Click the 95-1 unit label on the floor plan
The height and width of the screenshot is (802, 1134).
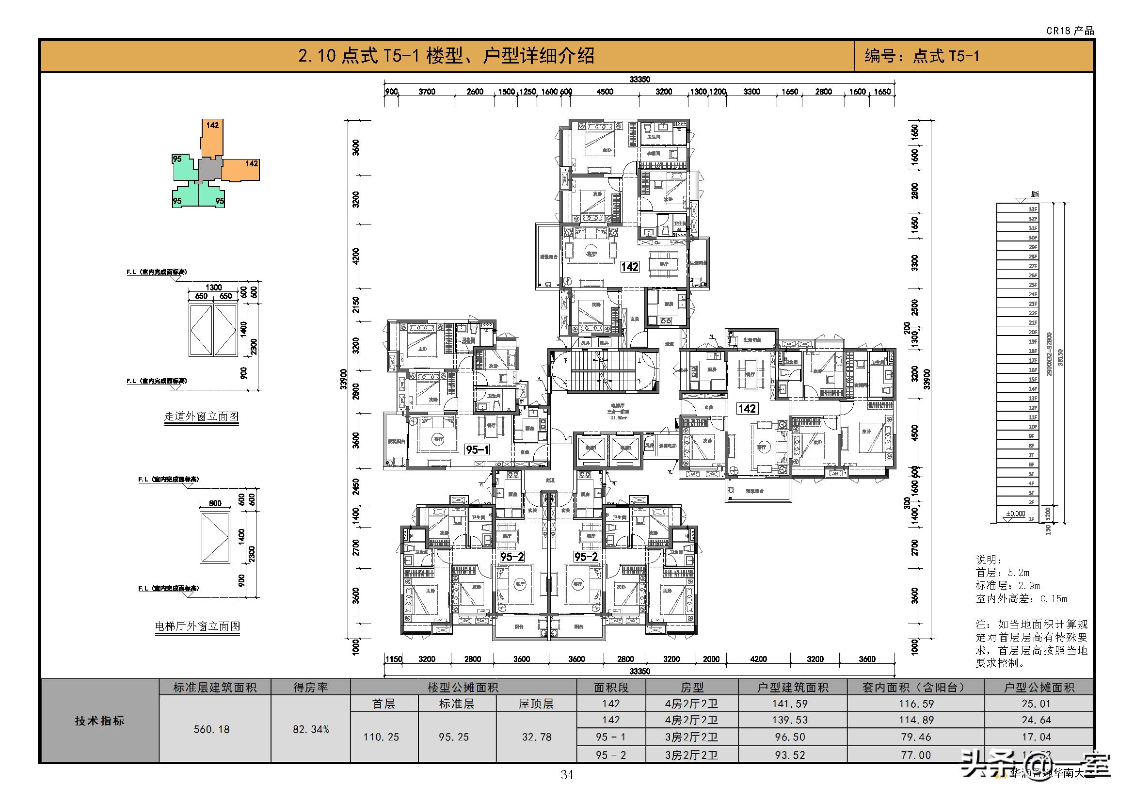click(477, 449)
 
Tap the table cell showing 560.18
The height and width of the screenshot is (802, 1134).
click(211, 729)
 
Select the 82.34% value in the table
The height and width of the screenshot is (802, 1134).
click(311, 729)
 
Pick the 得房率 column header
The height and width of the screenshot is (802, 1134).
click(311, 688)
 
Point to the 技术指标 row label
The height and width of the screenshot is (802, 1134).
click(100, 721)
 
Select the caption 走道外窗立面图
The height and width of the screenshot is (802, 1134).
click(202, 417)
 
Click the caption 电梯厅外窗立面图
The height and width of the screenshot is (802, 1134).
click(197, 626)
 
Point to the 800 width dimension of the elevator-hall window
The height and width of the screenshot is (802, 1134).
click(215, 504)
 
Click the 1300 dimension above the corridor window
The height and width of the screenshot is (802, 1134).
click(213, 288)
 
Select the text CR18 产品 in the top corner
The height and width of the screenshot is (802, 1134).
click(1070, 31)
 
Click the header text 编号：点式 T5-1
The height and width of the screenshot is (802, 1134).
click(922, 56)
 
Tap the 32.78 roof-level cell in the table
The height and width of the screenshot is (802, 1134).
click(536, 738)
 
